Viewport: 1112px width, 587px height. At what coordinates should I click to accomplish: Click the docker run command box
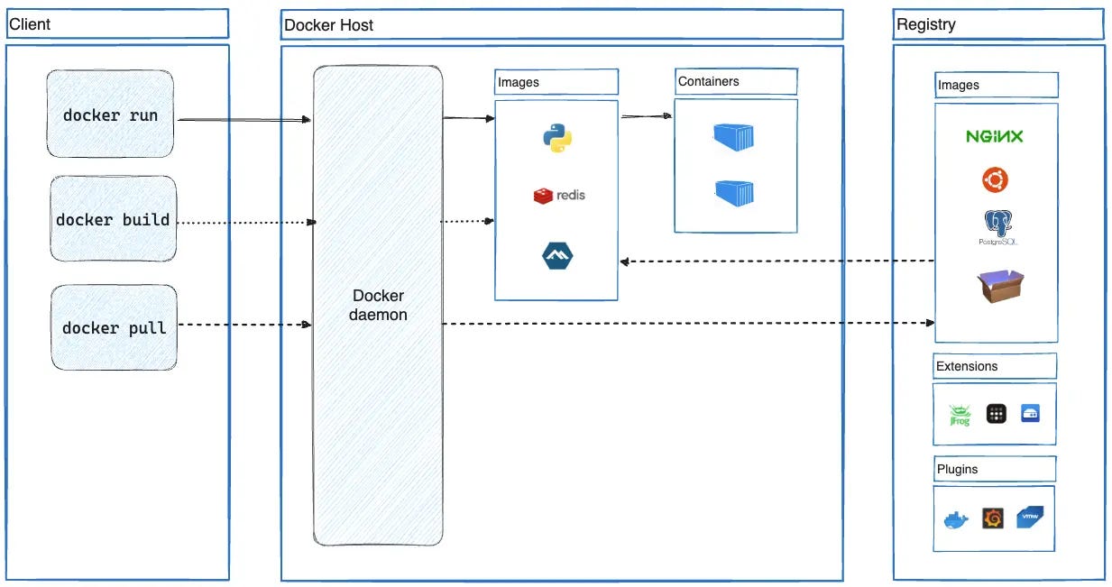coord(110,115)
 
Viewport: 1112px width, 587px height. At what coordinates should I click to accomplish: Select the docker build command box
coord(113,220)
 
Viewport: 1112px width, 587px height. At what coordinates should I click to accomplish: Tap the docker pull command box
coord(114,327)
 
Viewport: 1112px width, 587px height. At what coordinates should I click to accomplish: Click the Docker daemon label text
coord(378,306)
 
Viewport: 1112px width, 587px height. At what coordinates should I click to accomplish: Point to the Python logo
coord(557,138)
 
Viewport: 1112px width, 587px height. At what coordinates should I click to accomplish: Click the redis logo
coord(559,195)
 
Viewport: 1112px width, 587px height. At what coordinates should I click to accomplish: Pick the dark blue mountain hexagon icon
coord(557,256)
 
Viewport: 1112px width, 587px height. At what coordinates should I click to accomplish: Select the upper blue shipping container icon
coord(733,137)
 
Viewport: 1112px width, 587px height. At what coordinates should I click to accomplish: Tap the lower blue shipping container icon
coord(734,193)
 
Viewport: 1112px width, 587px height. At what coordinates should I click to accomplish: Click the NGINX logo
coord(994,137)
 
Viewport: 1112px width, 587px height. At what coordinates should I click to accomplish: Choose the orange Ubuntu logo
coord(995,180)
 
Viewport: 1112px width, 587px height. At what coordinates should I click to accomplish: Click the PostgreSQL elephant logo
coord(995,226)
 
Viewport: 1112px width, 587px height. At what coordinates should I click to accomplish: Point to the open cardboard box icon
coord(1000,286)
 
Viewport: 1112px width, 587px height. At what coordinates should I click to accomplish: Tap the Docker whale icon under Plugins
coord(955,520)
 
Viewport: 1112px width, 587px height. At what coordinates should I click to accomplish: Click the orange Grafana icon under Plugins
coord(992,518)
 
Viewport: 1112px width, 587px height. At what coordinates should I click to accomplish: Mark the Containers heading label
coord(709,81)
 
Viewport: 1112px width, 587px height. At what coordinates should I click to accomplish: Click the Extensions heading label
coord(967,366)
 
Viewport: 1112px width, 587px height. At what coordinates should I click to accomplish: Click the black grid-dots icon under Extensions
coord(996,414)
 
